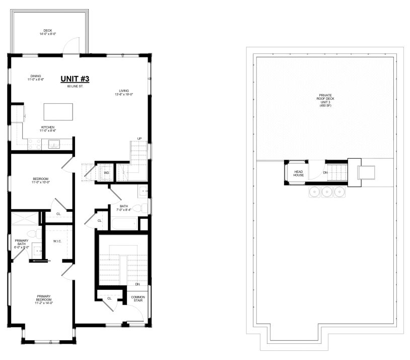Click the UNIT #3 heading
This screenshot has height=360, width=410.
(x=75, y=79)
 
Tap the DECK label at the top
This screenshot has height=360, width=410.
(x=48, y=30)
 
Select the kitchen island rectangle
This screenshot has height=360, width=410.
(x=58, y=112)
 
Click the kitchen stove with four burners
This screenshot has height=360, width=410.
(x=35, y=144)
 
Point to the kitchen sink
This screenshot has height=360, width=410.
(x=54, y=144)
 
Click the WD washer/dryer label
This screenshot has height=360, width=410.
(x=106, y=173)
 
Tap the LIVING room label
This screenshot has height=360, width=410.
(x=124, y=91)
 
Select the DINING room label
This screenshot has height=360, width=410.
(x=36, y=76)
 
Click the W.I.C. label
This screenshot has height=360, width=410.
(x=57, y=241)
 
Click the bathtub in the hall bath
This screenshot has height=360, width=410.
(x=124, y=224)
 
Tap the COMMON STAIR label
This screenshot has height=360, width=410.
(x=138, y=298)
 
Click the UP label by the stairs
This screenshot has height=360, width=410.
(x=140, y=139)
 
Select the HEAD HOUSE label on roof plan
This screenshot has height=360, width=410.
(x=298, y=173)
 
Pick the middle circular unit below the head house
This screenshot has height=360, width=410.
(x=326, y=192)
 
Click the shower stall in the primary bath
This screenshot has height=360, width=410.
(x=25, y=219)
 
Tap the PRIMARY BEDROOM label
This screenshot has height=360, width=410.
(x=44, y=298)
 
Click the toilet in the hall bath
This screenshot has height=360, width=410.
(x=140, y=209)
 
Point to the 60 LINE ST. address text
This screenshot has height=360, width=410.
(x=75, y=86)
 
